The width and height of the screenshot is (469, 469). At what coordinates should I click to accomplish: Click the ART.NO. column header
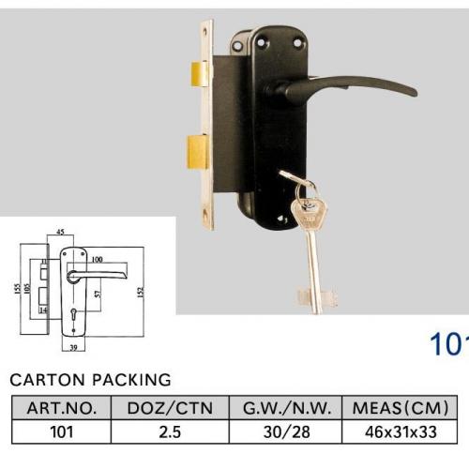(x=62, y=408)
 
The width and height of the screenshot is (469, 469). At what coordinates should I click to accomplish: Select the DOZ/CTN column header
(x=170, y=408)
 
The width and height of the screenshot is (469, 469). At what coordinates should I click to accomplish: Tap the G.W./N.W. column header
(x=287, y=408)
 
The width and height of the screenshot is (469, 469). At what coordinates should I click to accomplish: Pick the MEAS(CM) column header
(x=401, y=408)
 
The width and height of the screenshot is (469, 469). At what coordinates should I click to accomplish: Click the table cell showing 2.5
(x=170, y=431)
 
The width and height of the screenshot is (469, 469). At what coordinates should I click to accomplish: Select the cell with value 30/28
(x=287, y=431)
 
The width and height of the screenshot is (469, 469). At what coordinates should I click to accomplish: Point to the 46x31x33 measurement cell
(x=401, y=431)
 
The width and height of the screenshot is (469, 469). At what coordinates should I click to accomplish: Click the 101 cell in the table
(x=62, y=431)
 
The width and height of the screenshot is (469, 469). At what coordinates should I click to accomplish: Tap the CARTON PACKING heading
(x=90, y=380)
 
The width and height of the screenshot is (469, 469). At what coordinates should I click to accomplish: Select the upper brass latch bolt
(x=199, y=74)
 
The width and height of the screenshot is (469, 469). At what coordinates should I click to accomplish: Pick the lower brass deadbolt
(x=197, y=152)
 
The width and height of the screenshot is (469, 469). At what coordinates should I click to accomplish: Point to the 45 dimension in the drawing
(x=60, y=232)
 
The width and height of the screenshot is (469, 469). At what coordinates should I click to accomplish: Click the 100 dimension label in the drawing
(x=98, y=259)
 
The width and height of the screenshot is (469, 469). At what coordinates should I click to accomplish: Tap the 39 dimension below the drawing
(x=73, y=347)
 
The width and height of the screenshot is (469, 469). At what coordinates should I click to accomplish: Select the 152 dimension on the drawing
(x=141, y=292)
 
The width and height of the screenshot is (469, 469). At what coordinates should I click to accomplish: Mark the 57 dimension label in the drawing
(x=98, y=294)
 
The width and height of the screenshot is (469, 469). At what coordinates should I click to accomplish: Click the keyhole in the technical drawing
(x=73, y=312)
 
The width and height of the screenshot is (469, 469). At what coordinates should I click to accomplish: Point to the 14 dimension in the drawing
(x=43, y=310)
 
